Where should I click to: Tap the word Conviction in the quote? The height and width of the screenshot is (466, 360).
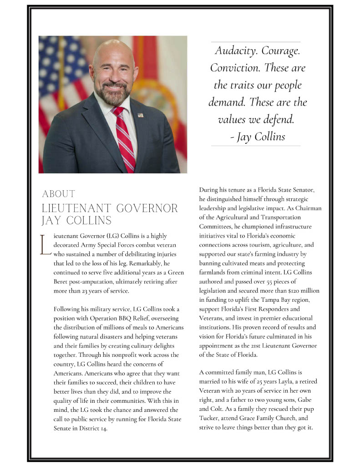click(231, 68)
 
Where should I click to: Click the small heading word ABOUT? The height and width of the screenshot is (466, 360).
click(59, 194)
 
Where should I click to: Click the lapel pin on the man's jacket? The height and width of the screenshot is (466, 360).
click(140, 115)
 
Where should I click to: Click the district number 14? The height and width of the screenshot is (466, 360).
click(104, 429)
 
